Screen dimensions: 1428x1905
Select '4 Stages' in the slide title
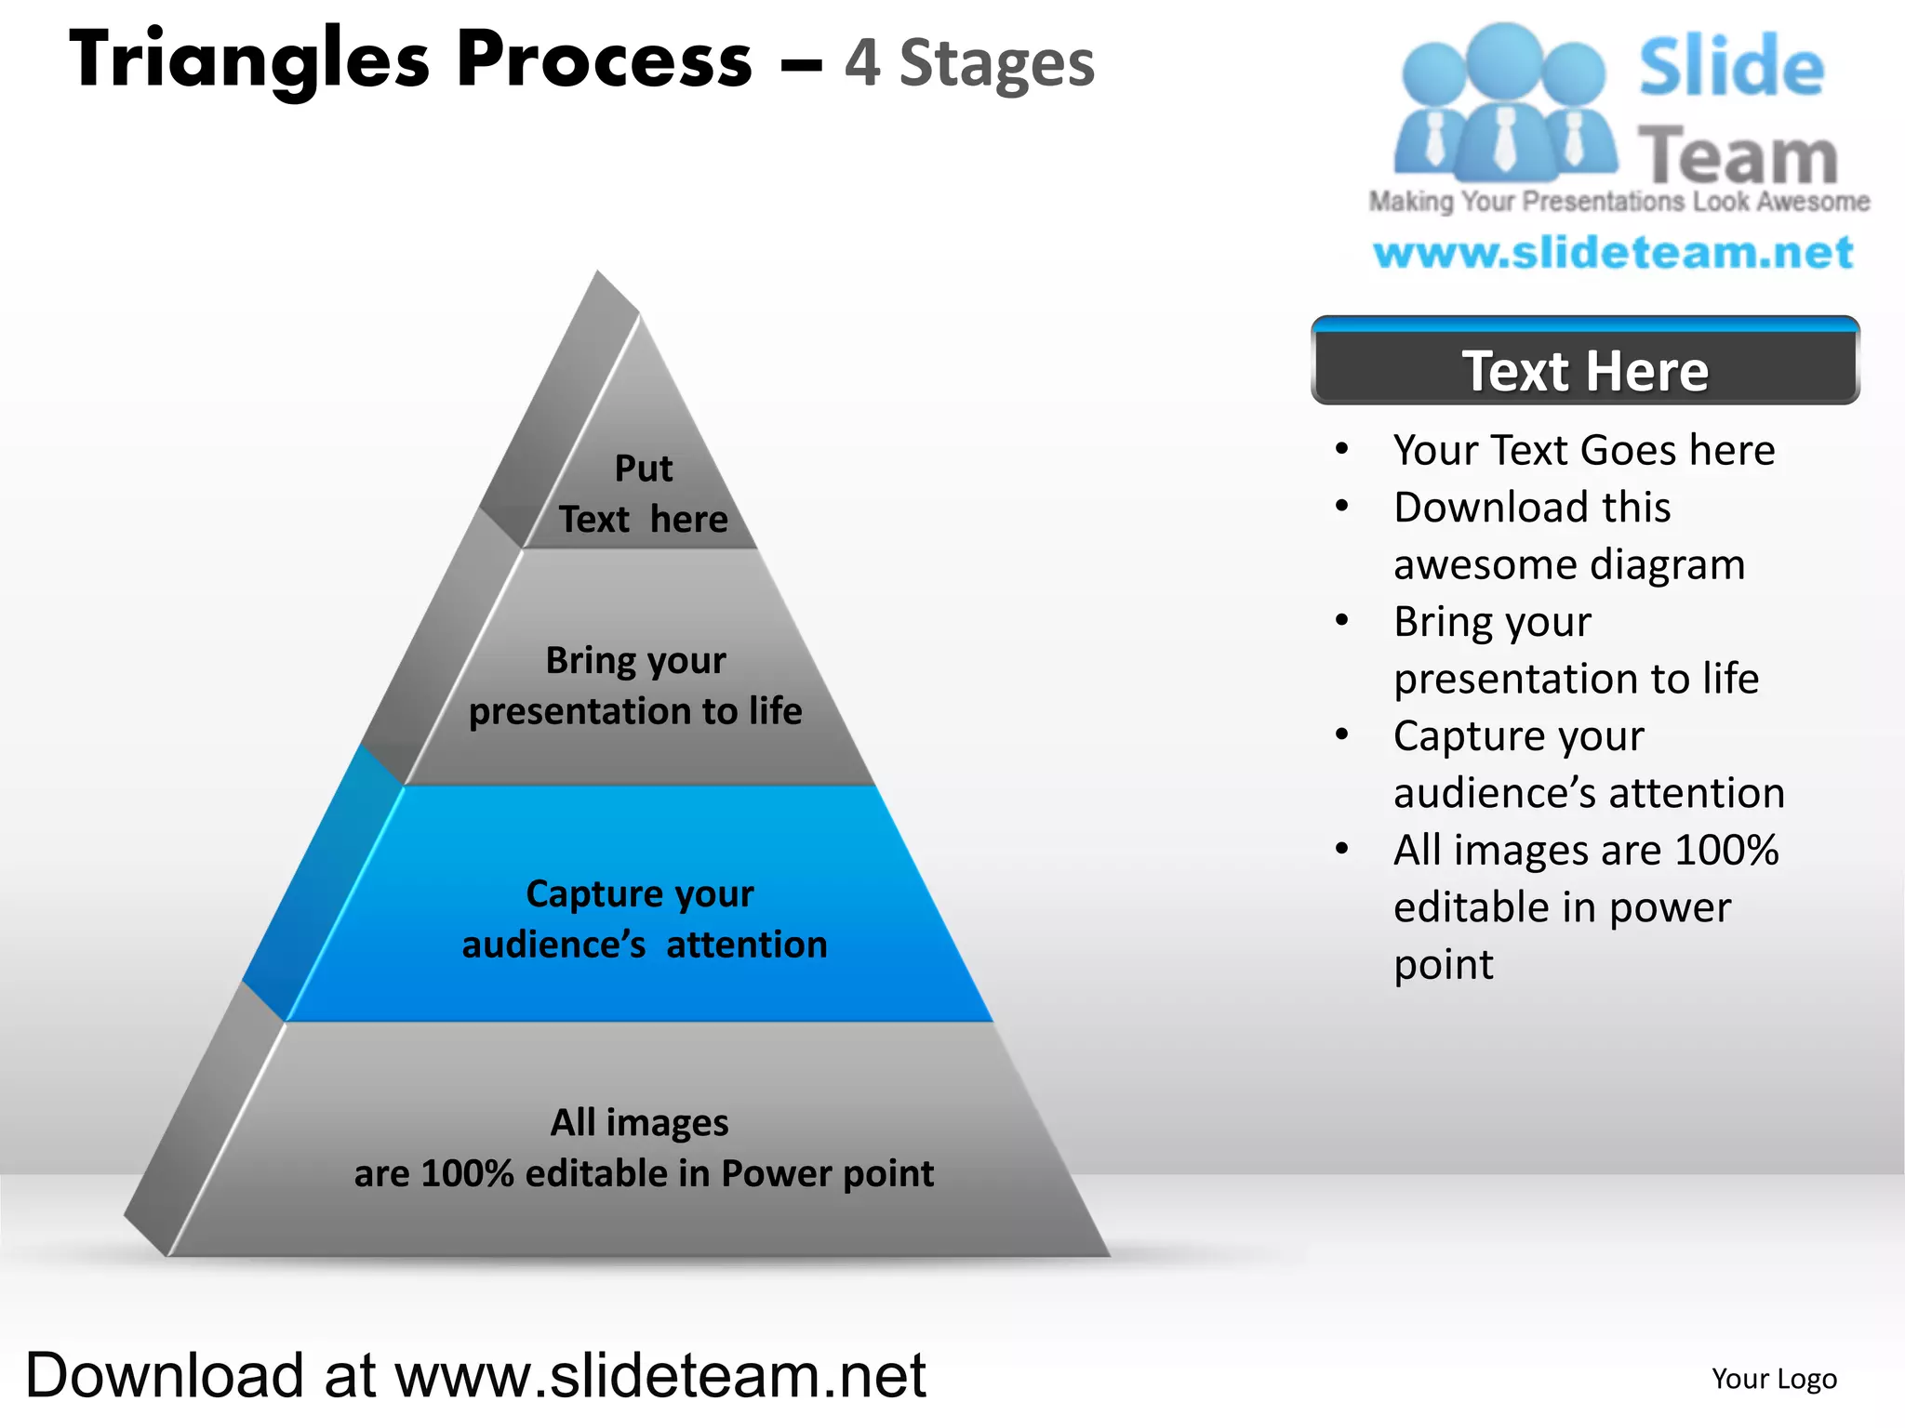969,63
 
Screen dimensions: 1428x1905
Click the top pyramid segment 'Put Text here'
643,493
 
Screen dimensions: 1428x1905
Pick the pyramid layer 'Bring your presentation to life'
635,685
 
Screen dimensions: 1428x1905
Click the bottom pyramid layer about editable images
642,1148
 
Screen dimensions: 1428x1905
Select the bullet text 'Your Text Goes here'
1583,450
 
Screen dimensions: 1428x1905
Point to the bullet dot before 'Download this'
1341,507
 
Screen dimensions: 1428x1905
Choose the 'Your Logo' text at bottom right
1774,1379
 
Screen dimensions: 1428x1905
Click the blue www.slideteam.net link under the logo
1613,253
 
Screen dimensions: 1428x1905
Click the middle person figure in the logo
1503,102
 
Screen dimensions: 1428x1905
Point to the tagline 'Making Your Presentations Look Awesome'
1619,202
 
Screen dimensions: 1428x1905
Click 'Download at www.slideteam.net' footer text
475,1375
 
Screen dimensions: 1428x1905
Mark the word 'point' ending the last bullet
1443,965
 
